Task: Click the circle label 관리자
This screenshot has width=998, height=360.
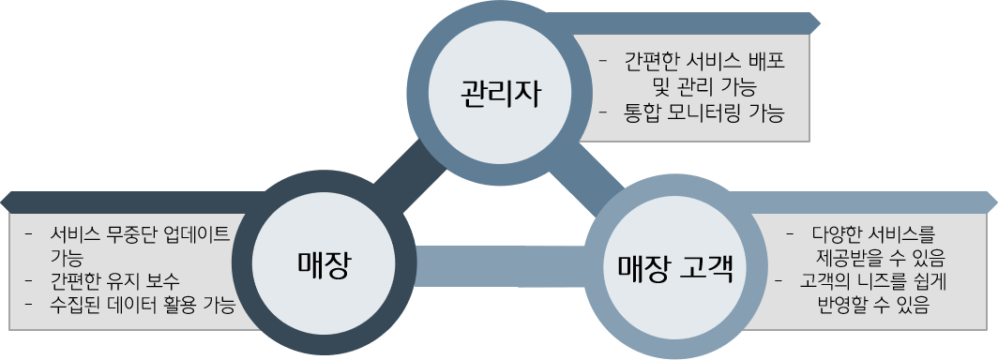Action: click(501, 94)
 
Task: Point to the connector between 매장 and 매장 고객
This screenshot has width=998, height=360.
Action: click(497, 264)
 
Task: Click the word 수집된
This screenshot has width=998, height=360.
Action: click(76, 305)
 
